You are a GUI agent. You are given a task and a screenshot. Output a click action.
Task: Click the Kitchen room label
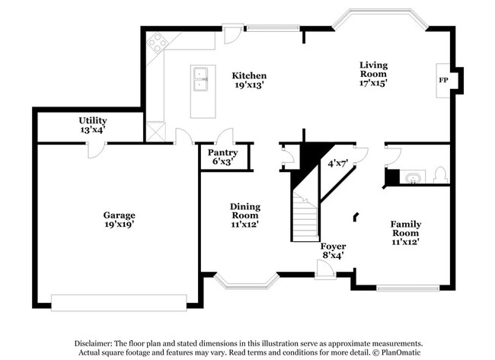[249, 75]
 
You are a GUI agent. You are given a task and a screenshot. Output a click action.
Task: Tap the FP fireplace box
[442, 79]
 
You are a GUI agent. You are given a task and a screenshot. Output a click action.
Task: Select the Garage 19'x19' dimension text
[120, 224]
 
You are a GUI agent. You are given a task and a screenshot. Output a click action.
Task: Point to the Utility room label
[92, 120]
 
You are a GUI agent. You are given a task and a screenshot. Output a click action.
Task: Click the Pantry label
[222, 152]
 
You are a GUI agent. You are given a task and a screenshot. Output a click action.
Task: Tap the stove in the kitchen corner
[158, 43]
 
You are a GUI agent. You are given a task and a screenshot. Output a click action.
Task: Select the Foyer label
[333, 247]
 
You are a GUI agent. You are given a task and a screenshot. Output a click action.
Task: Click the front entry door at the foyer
[325, 269]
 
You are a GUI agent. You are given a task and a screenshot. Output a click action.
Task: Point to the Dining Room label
[245, 206]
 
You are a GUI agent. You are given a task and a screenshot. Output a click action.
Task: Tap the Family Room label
[405, 225]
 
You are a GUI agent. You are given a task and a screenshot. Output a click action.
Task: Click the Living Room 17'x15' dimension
[373, 84]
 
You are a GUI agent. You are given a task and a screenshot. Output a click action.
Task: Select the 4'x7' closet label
[337, 163]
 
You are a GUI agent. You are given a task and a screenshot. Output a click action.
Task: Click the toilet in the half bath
[439, 175]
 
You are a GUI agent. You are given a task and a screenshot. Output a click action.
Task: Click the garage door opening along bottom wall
[118, 302]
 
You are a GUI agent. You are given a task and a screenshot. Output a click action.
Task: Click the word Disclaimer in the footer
[96, 342]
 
